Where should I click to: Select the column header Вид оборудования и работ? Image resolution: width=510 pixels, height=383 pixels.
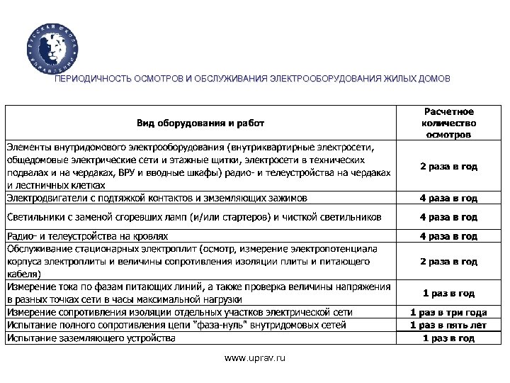point(201,122)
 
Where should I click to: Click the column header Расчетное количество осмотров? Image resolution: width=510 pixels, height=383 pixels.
point(448,122)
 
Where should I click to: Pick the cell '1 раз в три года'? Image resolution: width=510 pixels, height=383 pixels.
point(448,312)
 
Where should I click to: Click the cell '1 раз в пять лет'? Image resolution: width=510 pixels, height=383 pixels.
point(448,325)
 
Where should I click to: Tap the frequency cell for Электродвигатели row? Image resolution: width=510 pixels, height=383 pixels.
point(448,198)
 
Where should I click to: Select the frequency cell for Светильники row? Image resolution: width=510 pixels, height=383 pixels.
point(448,216)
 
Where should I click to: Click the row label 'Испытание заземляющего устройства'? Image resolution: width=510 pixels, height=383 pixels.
point(91,338)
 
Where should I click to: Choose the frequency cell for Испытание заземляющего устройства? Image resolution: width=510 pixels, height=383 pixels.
point(448,338)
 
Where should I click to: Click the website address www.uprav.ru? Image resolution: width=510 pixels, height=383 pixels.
point(255,360)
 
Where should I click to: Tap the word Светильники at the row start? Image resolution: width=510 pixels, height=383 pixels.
point(35,216)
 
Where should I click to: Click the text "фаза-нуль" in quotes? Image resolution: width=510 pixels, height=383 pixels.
point(215,325)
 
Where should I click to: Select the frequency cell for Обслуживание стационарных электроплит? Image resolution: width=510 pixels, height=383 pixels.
point(448,261)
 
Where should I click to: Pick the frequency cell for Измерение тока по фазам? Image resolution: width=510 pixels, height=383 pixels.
point(448,293)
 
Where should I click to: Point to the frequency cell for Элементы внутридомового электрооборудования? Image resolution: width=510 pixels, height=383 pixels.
point(448,167)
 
